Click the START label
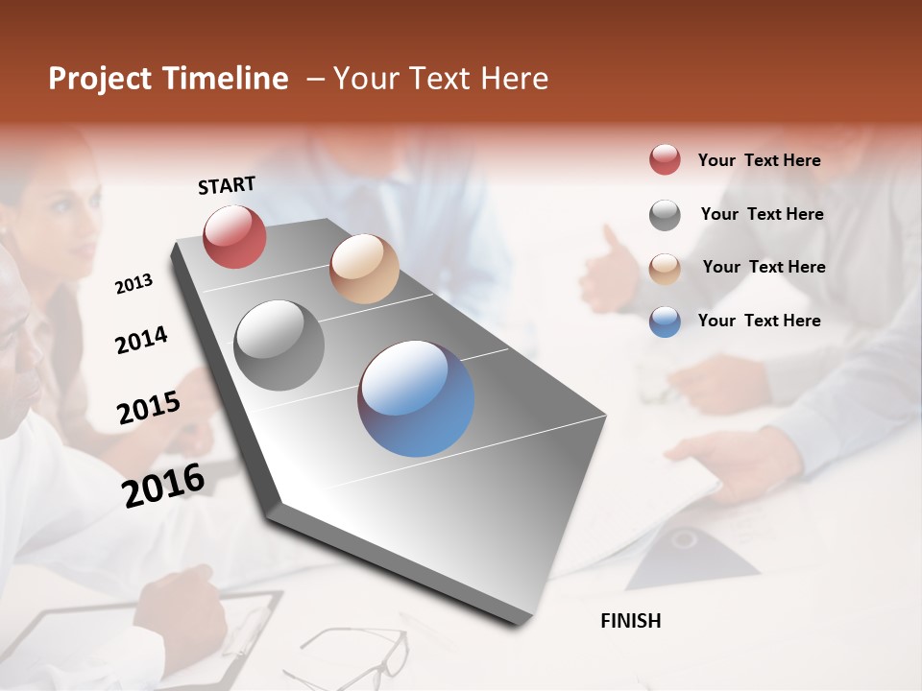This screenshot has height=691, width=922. tap(227, 185)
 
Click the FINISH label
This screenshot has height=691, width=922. tap(630, 621)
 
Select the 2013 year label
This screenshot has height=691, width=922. tap(133, 284)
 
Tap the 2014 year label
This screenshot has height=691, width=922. tap(141, 340)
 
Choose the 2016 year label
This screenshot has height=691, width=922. tap(163, 485)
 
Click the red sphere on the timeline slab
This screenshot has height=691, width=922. tap(234, 236)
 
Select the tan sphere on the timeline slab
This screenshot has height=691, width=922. tap(364, 269)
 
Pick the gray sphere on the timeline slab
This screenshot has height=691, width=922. tap(279, 345)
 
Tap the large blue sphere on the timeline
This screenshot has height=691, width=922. tap(416, 398)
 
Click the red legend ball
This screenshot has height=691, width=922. tap(665, 160)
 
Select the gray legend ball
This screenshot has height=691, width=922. tap(665, 215)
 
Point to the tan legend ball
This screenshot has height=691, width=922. tap(665, 268)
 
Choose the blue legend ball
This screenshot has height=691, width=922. tap(665, 322)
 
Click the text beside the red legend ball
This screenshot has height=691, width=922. tap(759, 160)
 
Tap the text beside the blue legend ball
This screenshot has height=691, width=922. tap(759, 321)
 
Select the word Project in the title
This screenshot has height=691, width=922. tap(100, 79)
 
